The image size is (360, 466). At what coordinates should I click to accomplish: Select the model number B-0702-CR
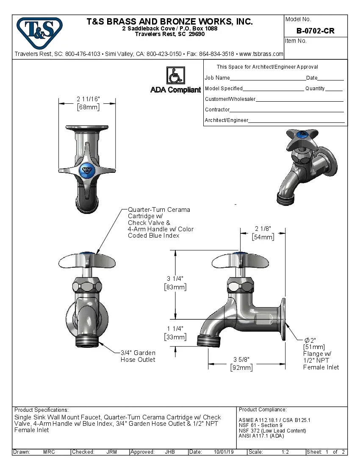pyautogui.click(x=315, y=31)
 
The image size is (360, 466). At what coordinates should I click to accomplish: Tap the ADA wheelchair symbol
pyautogui.click(x=175, y=76)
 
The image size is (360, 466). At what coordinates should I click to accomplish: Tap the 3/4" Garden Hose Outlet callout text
pyautogui.click(x=138, y=356)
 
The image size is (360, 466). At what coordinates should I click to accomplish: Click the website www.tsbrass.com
pyautogui.click(x=261, y=54)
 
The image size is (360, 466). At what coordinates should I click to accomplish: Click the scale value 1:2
pyautogui.click(x=285, y=452)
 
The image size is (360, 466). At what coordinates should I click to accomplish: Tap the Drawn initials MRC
pyautogui.click(x=49, y=452)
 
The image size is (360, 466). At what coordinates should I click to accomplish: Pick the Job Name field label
pyautogui.click(x=217, y=78)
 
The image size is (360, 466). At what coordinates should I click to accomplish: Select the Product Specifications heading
pyautogui.click(x=41, y=410)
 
